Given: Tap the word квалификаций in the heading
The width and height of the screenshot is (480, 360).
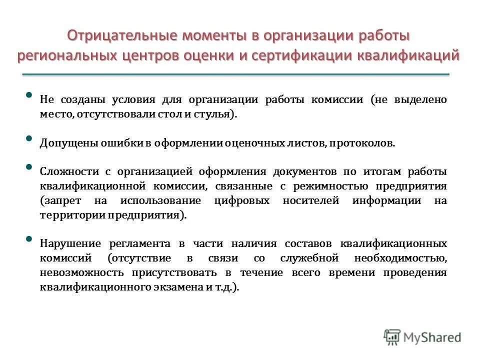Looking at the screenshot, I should click(x=407, y=55).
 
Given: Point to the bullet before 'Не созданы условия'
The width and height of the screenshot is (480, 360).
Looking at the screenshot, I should click(x=28, y=95).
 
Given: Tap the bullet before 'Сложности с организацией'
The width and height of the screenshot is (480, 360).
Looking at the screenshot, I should click(x=28, y=167).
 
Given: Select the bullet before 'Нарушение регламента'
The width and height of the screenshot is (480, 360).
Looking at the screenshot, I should click(x=28, y=239).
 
